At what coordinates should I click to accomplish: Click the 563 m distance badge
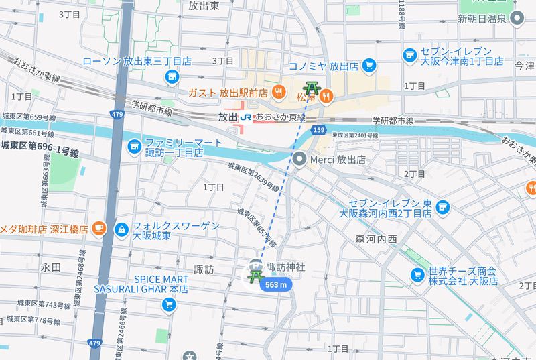click(x=277, y=285)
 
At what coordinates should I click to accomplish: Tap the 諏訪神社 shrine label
click(x=286, y=267)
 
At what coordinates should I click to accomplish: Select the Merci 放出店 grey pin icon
click(x=300, y=160)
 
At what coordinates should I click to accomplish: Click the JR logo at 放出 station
click(x=247, y=117)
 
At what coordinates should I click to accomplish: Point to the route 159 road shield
click(x=319, y=129)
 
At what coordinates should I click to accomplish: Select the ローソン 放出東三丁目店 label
click(x=137, y=61)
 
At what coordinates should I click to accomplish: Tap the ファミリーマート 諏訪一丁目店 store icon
click(x=135, y=145)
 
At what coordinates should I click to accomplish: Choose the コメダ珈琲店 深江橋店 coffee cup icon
click(x=98, y=229)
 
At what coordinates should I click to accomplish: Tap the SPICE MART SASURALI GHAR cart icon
click(x=168, y=305)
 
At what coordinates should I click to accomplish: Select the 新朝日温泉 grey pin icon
click(x=517, y=19)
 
